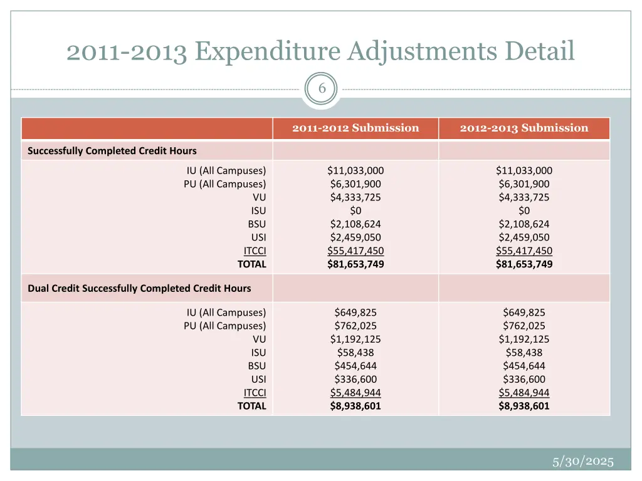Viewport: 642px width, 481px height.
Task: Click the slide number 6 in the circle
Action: (322, 89)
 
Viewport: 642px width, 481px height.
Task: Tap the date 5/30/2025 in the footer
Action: (582, 462)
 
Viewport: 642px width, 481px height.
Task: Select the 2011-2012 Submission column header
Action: (355, 128)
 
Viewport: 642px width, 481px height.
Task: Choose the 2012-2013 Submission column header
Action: (524, 128)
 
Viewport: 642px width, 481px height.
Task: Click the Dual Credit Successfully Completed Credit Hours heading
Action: (139, 288)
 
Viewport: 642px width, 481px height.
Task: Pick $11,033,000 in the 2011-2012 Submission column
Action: (355, 170)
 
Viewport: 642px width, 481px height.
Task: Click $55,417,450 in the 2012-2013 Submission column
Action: (524, 251)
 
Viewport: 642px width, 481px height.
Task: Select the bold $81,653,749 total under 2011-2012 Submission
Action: (355, 264)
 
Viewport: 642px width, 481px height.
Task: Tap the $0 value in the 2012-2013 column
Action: (524, 210)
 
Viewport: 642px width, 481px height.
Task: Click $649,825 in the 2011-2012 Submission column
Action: (355, 313)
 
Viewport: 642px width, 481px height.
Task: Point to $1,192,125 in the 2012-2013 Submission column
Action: (524, 339)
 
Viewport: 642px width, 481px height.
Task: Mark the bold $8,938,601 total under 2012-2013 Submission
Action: (524, 406)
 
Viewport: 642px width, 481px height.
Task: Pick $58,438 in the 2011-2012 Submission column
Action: (355, 353)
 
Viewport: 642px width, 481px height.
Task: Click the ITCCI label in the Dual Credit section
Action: (255, 393)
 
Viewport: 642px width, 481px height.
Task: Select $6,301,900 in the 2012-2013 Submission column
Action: (524, 184)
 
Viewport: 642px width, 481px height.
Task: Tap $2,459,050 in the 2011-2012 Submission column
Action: (355, 237)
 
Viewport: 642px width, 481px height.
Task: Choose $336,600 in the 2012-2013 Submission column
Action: (524, 380)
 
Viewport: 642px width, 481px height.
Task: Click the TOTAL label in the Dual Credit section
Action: (251, 406)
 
